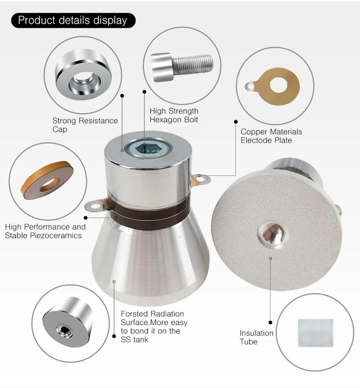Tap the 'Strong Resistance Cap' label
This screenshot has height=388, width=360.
click(85, 125)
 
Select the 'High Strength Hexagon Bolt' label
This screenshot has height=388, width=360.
click(174, 115)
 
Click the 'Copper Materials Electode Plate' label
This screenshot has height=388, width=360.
click(271, 136)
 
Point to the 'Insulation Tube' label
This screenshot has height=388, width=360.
click(256, 337)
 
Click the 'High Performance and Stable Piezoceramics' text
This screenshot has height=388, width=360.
click(45, 231)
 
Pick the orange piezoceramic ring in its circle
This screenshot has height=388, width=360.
click(47, 180)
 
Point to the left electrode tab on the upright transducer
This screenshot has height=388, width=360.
click(95, 206)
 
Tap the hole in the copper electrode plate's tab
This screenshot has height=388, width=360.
click(250, 85)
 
